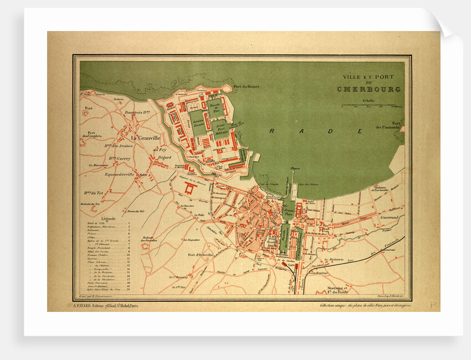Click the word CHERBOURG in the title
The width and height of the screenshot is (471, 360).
[x=368, y=89]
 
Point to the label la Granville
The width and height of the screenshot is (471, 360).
[x=145, y=138]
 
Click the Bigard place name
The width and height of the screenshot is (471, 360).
[x=165, y=158]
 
